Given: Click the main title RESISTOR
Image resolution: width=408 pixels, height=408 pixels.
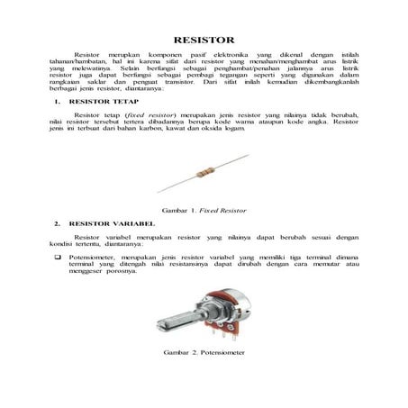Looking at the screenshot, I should [x=204, y=40].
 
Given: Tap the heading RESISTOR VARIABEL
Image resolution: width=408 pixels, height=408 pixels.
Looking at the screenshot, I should [x=104, y=222].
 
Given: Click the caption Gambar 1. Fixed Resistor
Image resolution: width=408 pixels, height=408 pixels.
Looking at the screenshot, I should [x=204, y=208].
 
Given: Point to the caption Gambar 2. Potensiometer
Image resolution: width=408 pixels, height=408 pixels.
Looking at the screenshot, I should [x=203, y=352].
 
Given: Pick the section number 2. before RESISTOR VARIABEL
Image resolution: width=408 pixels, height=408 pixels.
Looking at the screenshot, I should [x=58, y=222].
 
